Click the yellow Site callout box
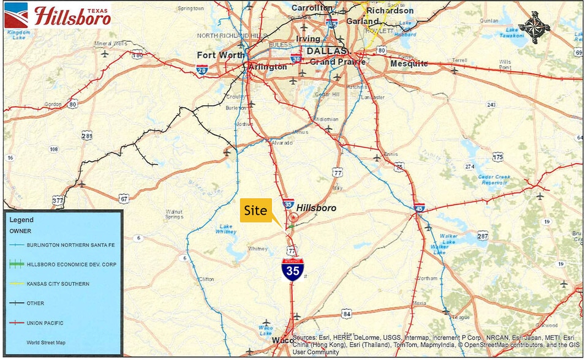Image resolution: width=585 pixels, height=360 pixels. click(x=255, y=210)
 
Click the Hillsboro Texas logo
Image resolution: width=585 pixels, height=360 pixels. click(x=58, y=16)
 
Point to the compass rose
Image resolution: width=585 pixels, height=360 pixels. click(x=534, y=26)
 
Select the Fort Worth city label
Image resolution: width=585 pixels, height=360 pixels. click(x=220, y=55)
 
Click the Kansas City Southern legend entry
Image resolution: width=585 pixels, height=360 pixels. click(x=58, y=284)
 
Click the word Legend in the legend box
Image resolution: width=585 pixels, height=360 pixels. click(x=21, y=219)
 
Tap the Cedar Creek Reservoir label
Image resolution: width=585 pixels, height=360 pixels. click(x=477, y=179)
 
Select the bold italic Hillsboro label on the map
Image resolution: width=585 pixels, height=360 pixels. click(x=316, y=208)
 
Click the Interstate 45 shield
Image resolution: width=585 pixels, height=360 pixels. click(x=419, y=208)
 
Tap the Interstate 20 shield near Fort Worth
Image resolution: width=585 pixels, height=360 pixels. click(x=202, y=71)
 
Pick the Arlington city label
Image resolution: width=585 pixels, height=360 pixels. click(x=266, y=67)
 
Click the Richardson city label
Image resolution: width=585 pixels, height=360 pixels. click(x=390, y=10)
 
